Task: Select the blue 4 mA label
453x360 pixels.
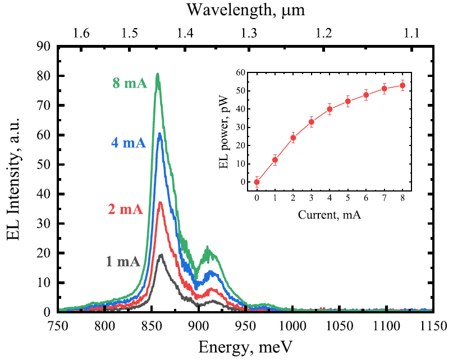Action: coord(129,143)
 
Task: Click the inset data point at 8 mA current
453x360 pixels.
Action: coord(402,85)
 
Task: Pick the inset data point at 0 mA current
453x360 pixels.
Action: coord(257,182)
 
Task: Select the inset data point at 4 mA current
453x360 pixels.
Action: coord(330,109)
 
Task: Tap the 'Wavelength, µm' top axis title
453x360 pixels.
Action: coord(245,10)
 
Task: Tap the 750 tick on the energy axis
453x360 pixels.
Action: coord(58,325)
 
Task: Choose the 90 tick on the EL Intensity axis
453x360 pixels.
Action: coord(44,47)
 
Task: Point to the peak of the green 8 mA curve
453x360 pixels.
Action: coord(158,74)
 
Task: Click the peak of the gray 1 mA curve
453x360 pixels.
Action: coord(161,254)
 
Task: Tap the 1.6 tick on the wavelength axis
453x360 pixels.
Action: coord(82,33)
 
